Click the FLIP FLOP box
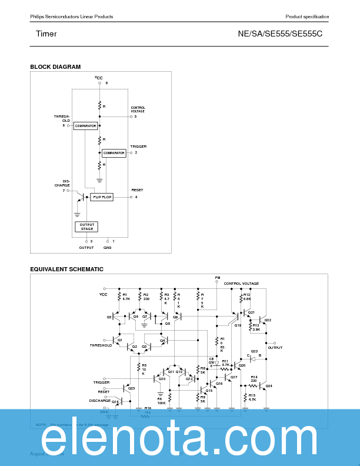pos(102,197)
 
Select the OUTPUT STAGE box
pos(86,227)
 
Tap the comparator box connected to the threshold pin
pos(85,126)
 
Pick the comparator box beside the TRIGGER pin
pos(114,153)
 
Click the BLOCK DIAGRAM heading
pos(55,67)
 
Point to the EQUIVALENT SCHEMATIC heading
pos(66,269)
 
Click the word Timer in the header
pos(46,34)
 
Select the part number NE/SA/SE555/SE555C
pos(280,34)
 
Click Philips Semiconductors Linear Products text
pos(72,16)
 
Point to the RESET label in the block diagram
pos(137,190)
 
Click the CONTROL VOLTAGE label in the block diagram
pos(138,109)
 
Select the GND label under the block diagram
pos(107,248)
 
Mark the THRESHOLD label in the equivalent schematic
pos(101,345)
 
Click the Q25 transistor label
pos(131,388)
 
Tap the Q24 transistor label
pos(269,387)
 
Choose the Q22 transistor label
pos(268,320)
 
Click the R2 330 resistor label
pos(146,297)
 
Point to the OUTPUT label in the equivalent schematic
pos(275,348)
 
